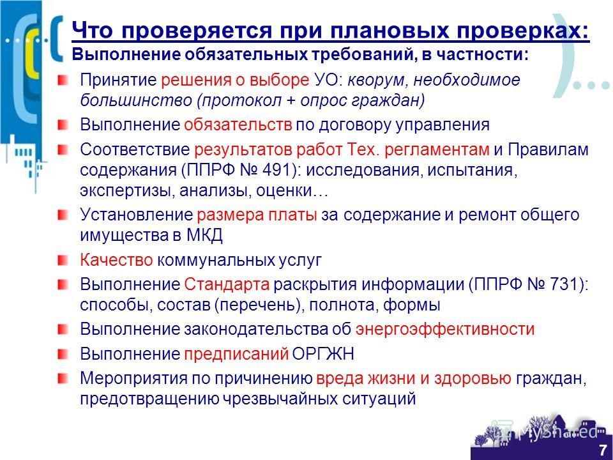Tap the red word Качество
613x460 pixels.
(116, 260)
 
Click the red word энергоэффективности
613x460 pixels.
(445, 330)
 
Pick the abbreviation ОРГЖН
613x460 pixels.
(323, 354)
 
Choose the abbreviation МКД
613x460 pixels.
(204, 236)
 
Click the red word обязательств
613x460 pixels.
(238, 125)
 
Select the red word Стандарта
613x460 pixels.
(227, 284)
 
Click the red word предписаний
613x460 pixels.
(236, 354)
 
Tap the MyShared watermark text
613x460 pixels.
(558, 433)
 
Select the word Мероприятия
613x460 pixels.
(133, 379)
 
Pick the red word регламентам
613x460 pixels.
(437, 149)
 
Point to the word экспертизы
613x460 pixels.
(128, 191)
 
